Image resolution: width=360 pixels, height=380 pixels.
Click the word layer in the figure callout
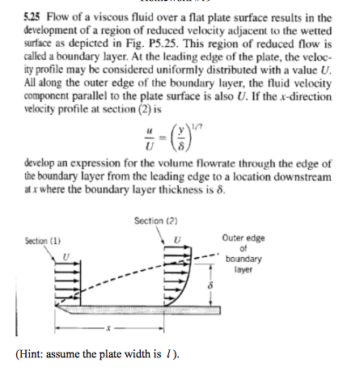pyautogui.click(x=242, y=271)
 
